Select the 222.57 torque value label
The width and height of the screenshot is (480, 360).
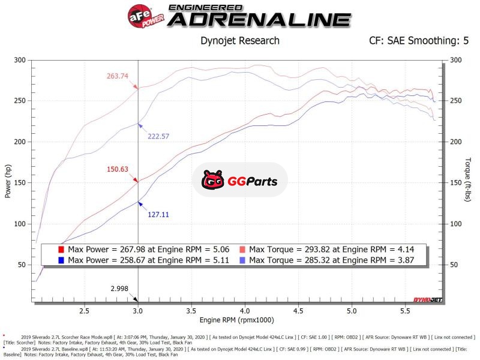pos(159,136)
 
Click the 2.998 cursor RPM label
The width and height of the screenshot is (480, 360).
pos(120,289)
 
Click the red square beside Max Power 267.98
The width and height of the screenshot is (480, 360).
pos(60,249)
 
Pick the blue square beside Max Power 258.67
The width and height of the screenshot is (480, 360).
pos(60,260)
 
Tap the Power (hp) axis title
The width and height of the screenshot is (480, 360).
pos(8,181)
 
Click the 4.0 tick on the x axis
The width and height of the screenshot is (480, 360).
pos(245,311)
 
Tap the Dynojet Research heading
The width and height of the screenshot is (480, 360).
pos(239,41)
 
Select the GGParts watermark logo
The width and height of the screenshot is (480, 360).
pos(240,180)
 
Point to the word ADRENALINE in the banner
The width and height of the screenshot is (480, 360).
pos(259,20)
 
